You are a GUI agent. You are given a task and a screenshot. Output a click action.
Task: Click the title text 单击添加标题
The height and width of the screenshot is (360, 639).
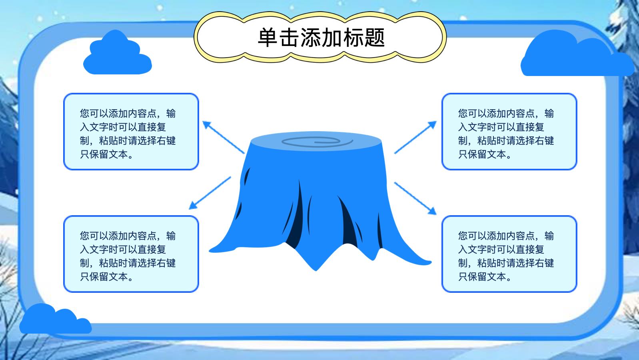tap(321, 38)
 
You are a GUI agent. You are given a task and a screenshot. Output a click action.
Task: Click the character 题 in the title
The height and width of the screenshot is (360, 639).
tap(374, 38)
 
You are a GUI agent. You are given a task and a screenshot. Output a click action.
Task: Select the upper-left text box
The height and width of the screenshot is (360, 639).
tap(131, 132)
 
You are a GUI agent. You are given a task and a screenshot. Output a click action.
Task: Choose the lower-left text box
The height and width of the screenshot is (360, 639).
tap(131, 254)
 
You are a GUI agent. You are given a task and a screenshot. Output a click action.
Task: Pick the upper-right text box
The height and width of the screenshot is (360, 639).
tap(509, 132)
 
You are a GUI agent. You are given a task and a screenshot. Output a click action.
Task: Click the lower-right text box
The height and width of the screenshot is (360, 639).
tap(509, 254)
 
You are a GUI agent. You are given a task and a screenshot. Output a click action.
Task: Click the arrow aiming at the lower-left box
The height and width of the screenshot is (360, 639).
tap(210, 193)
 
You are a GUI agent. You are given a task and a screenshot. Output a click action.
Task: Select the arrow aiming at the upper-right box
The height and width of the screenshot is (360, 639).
tap(415, 137)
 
